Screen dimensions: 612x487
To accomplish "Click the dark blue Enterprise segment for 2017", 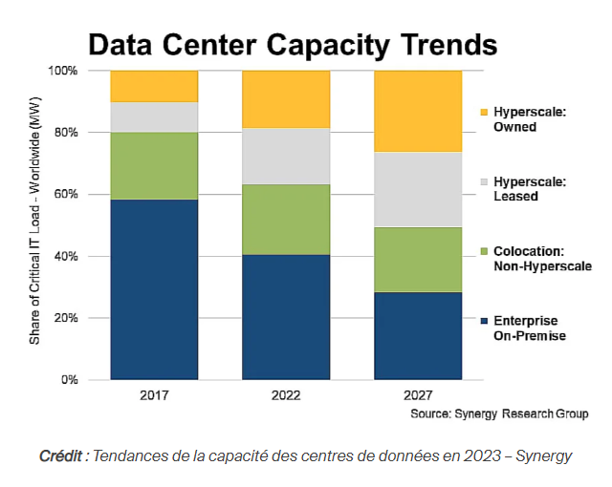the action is pyautogui.click(x=154, y=289).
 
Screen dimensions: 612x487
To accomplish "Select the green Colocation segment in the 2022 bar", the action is pyautogui.click(x=286, y=220).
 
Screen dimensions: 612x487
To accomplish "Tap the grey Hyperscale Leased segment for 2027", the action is pyautogui.click(x=418, y=189).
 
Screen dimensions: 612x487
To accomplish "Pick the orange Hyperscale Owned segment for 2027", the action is pyautogui.click(x=418, y=111).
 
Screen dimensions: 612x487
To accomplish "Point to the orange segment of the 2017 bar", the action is pyautogui.click(x=154, y=86).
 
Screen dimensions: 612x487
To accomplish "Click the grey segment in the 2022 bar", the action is pyautogui.click(x=286, y=156).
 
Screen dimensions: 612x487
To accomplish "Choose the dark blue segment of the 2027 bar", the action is pyautogui.click(x=418, y=336).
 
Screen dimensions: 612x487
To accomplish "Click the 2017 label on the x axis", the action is pyautogui.click(x=154, y=395).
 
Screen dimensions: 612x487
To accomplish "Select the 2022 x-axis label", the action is pyautogui.click(x=286, y=395).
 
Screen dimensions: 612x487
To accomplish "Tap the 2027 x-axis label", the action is pyautogui.click(x=418, y=395).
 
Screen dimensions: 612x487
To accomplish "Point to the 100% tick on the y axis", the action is pyautogui.click(x=63, y=71).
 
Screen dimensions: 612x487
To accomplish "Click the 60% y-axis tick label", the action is pyautogui.click(x=66, y=194).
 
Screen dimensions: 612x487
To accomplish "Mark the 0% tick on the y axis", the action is pyautogui.click(x=70, y=379).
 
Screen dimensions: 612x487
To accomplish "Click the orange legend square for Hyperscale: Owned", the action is pyautogui.click(x=484, y=113).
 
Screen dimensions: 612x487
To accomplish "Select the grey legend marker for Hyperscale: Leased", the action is pyautogui.click(x=484, y=182).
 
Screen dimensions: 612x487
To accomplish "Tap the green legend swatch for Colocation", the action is pyautogui.click(x=484, y=252).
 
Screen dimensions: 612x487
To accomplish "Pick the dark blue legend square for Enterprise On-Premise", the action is pyautogui.click(x=484, y=321).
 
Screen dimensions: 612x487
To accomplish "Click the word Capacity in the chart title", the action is pyautogui.click(x=328, y=46).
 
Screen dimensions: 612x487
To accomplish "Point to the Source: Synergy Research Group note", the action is pyautogui.click(x=499, y=413).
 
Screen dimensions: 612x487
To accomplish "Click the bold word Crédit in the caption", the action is pyautogui.click(x=61, y=455).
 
